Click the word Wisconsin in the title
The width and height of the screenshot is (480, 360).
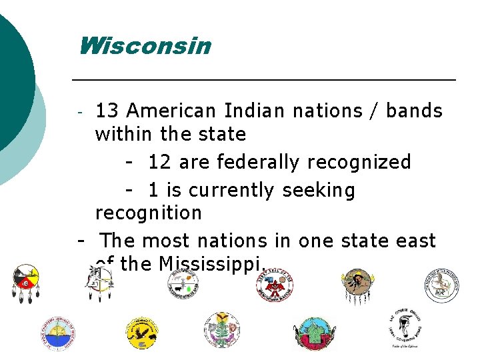coord(144,47)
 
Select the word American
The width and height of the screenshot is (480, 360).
coord(171,110)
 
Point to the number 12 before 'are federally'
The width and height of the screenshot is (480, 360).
coord(159,162)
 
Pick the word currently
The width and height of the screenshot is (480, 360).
coord(231,191)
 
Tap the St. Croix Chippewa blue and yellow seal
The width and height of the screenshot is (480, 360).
coord(57,333)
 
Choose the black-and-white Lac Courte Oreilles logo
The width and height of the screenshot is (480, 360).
coord(405,328)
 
